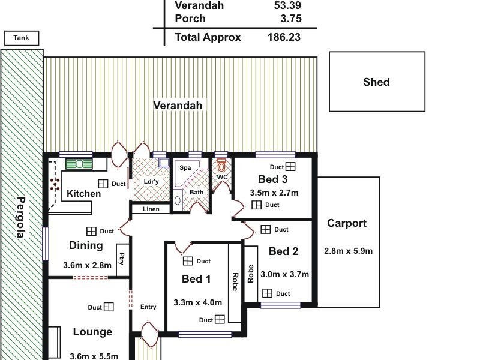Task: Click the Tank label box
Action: point(22,38)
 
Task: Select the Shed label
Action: point(376,82)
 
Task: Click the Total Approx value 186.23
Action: point(284,37)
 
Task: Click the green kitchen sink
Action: point(78,164)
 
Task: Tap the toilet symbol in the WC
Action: point(222,166)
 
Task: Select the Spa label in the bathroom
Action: point(185,168)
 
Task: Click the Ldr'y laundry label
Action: point(151,182)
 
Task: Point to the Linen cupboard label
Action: point(151,209)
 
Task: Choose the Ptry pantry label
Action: point(122,260)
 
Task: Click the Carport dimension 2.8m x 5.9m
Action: point(348,251)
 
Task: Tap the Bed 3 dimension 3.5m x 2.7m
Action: point(274,193)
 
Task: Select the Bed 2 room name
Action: point(283,251)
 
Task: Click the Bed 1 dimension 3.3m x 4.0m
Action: point(197,302)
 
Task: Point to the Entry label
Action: point(148,307)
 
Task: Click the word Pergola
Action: point(21,217)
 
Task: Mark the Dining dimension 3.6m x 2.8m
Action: point(86,265)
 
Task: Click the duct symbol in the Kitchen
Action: point(103,184)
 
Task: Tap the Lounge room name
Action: point(92,332)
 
